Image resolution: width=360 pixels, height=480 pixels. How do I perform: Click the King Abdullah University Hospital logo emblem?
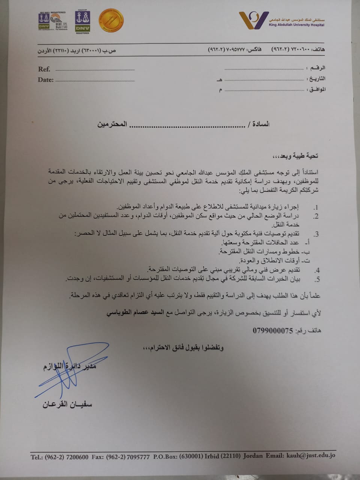tap(253, 20)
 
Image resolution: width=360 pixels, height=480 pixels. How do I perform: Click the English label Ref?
tap(44, 69)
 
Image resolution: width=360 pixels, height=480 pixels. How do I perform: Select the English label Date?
tap(45, 79)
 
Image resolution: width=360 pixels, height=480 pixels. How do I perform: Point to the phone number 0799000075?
tap(273, 331)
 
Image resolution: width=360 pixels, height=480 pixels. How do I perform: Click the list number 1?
tap(316, 207)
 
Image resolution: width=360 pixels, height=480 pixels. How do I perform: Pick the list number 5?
tap(317, 279)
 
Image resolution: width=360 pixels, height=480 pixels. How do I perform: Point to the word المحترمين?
tap(112, 124)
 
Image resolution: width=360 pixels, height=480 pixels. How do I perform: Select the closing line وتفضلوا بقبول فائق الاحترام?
tap(183, 348)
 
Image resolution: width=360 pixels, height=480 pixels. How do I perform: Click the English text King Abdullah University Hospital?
tap(296, 25)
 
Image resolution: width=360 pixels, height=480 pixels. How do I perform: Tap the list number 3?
tap(316, 234)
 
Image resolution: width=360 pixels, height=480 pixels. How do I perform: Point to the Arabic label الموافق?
tap(316, 89)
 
